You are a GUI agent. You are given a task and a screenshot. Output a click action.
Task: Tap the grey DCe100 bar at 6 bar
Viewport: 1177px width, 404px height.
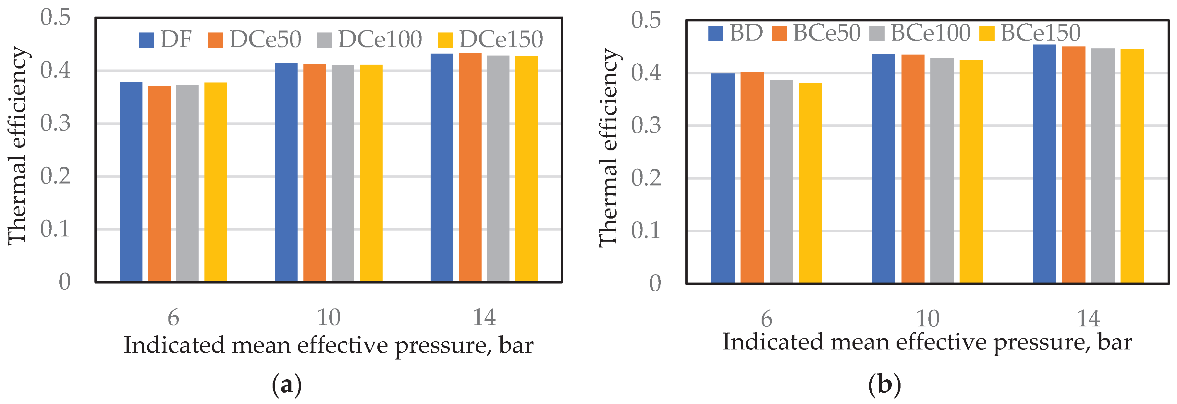point(187,183)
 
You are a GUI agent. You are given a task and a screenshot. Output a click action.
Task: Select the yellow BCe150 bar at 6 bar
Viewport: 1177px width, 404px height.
point(810,183)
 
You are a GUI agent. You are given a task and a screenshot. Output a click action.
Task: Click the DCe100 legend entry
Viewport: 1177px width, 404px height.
point(369,39)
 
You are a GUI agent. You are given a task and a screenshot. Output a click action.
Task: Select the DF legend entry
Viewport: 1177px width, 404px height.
point(166,39)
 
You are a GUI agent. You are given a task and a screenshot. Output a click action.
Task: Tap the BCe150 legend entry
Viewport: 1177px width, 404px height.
point(1030,33)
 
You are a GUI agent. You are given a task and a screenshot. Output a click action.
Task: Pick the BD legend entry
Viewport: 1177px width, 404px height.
point(736,33)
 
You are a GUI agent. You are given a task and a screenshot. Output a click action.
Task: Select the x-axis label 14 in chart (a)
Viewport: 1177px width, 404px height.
point(484,317)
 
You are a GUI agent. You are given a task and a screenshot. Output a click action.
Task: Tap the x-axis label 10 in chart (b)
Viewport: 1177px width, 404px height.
point(927,319)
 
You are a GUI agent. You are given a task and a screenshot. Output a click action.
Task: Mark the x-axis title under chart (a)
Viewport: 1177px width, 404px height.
point(328,345)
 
